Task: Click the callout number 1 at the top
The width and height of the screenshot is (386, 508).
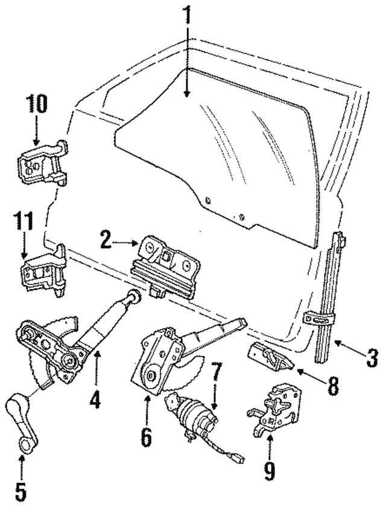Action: pos(188,15)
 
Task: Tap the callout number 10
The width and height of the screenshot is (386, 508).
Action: pos(36,105)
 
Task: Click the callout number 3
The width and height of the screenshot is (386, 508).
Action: pos(372,357)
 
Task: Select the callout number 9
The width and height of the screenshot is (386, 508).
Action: pos(270,468)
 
